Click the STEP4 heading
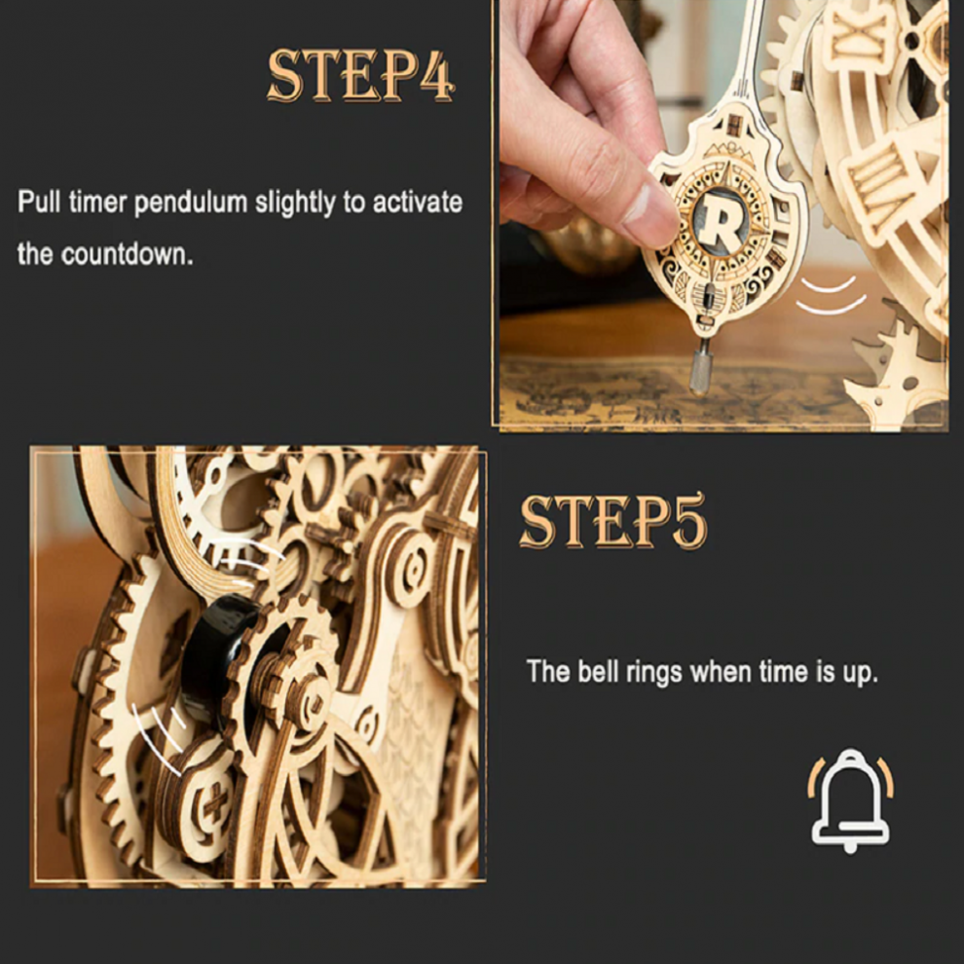(361, 76)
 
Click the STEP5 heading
(613, 521)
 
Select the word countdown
(127, 254)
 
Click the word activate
(418, 203)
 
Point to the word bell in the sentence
(598, 671)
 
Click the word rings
(654, 673)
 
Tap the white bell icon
(850, 800)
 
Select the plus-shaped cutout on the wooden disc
(216, 801)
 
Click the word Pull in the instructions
(39, 202)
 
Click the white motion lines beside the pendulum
(831, 296)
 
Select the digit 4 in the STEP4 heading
(438, 76)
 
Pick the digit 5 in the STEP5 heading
(689, 521)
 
